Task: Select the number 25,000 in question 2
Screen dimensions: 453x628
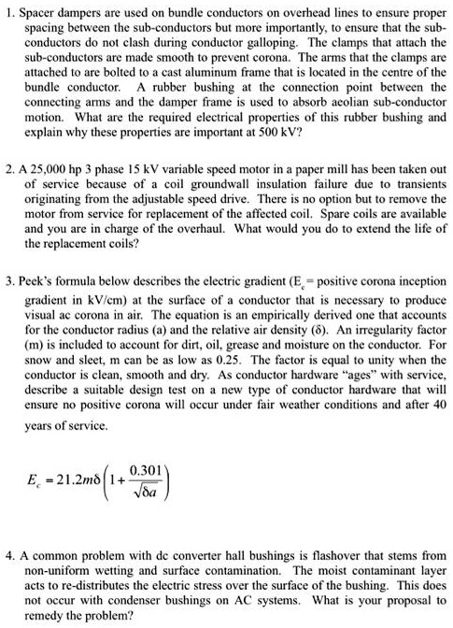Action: pos(58,175)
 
